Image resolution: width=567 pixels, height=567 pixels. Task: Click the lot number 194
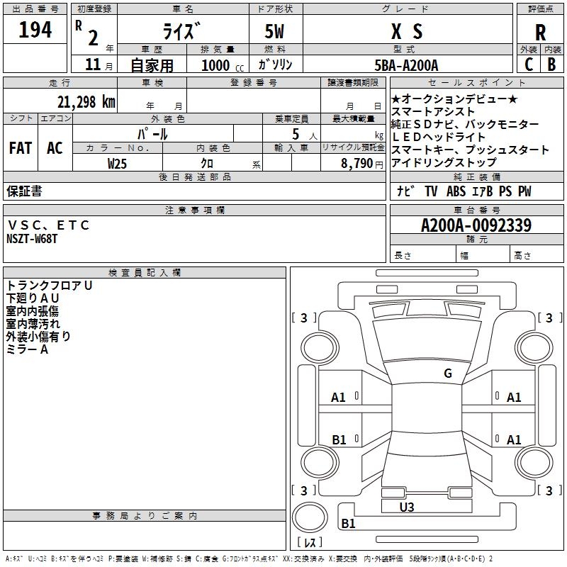coord(35,29)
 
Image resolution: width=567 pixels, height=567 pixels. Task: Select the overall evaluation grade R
coord(540,33)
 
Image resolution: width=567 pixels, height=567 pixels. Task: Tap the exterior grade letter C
coord(529,64)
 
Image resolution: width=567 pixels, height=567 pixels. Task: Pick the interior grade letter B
coord(551,64)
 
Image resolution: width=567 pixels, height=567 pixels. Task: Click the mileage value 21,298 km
coord(86,102)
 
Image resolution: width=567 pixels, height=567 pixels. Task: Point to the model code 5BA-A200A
coord(406,65)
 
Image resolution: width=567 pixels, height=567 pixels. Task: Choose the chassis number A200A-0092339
coord(476,225)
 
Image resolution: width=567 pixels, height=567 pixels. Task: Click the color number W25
coord(117,164)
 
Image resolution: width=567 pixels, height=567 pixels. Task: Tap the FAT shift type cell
coord(21,148)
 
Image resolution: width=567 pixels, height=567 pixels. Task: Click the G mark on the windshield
coord(448,373)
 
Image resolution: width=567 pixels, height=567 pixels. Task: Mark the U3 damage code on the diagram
coord(406,507)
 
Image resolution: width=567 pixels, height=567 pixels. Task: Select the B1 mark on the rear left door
coord(339,439)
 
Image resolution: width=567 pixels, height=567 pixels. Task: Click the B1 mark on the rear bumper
coord(348,523)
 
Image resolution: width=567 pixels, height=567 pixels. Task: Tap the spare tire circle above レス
coord(310,517)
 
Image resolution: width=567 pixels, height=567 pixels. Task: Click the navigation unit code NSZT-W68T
coord(32,239)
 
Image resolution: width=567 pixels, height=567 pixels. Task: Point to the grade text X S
coord(407,31)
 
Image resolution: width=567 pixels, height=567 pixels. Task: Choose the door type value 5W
coord(274,31)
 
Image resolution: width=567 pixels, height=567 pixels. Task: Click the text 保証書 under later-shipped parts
coord(24,191)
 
